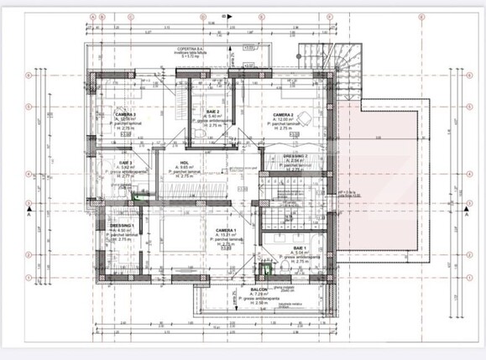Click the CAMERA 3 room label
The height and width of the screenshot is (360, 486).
click(126, 114)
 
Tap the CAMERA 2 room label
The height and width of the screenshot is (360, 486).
click(282, 115)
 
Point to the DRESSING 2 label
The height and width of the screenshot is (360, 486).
click(294, 156)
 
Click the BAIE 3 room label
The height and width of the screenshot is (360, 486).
click(126, 162)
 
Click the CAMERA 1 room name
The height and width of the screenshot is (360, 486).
click(225, 230)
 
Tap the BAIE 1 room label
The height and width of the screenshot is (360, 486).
click(298, 249)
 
